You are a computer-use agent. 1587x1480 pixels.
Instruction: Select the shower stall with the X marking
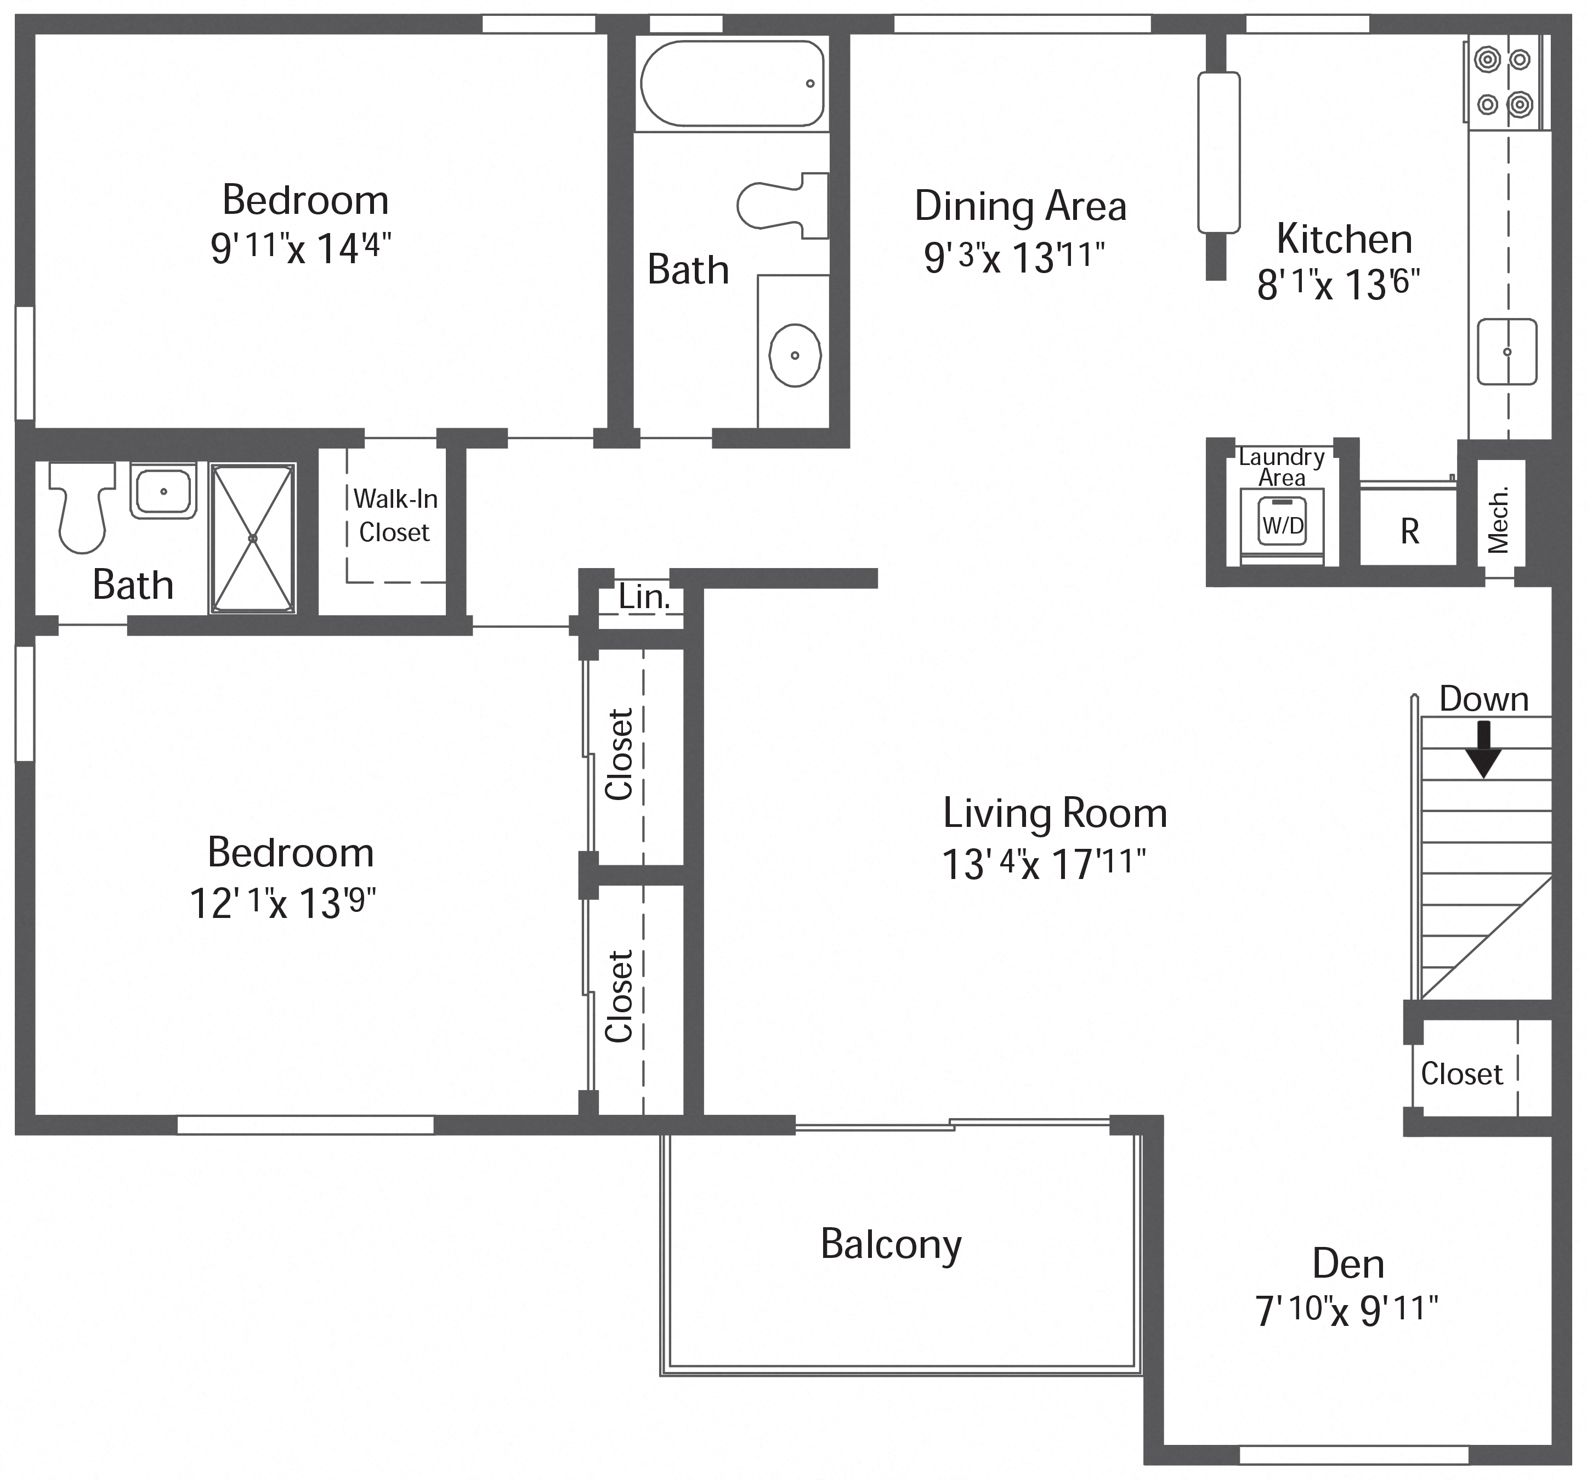click(252, 539)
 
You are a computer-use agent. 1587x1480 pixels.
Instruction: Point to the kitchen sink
click(1506, 351)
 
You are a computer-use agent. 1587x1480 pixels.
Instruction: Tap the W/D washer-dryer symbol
click(1282, 526)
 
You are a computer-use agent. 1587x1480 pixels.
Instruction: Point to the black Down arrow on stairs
click(1483, 749)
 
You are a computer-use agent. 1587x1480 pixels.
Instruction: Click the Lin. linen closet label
click(643, 597)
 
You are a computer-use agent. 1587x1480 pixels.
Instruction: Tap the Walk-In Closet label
click(395, 515)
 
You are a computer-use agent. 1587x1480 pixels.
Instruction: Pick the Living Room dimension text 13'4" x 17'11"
click(1044, 864)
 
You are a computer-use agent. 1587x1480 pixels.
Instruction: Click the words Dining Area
click(1020, 206)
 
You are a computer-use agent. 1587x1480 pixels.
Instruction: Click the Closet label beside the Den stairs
click(1461, 1074)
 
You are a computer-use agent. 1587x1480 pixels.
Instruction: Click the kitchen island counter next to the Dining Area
click(1219, 152)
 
